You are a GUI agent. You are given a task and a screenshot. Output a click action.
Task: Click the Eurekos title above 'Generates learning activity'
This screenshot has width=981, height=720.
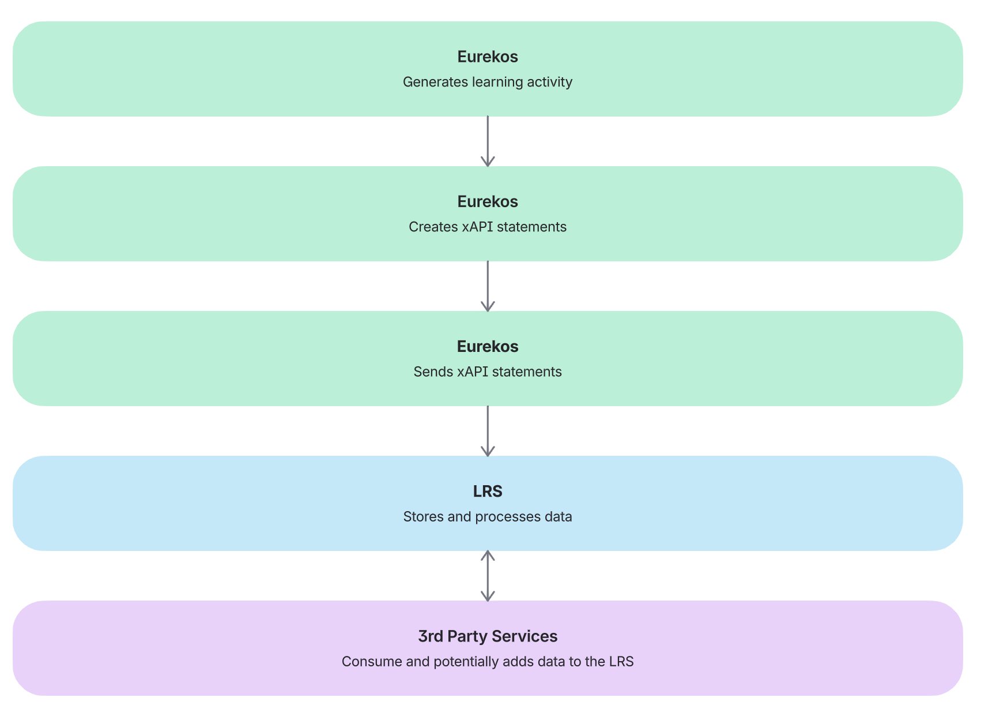pyautogui.click(x=488, y=57)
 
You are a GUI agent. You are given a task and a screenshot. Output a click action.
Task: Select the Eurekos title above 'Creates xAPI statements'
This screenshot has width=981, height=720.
pyautogui.click(x=488, y=201)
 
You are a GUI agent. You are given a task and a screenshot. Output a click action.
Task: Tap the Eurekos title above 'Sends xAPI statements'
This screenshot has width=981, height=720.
pyautogui.click(x=488, y=346)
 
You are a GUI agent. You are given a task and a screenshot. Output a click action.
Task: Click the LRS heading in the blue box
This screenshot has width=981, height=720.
pyautogui.click(x=488, y=491)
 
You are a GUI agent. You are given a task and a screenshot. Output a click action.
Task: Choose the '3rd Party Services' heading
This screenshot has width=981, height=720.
pyautogui.click(x=488, y=636)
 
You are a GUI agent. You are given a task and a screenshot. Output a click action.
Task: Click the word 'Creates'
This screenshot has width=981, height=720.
pyautogui.click(x=433, y=227)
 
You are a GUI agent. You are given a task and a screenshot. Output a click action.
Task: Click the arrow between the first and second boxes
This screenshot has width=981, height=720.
pyautogui.click(x=488, y=141)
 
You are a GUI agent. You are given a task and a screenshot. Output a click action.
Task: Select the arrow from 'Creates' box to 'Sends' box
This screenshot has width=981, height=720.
pyautogui.click(x=488, y=286)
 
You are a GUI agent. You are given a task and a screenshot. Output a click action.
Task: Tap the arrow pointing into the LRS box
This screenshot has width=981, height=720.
pyautogui.click(x=488, y=431)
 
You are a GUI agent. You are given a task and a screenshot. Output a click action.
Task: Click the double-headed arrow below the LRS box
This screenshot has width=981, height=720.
pyautogui.click(x=488, y=576)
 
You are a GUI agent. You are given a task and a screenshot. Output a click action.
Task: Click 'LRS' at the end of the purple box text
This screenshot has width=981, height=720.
pyautogui.click(x=621, y=661)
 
